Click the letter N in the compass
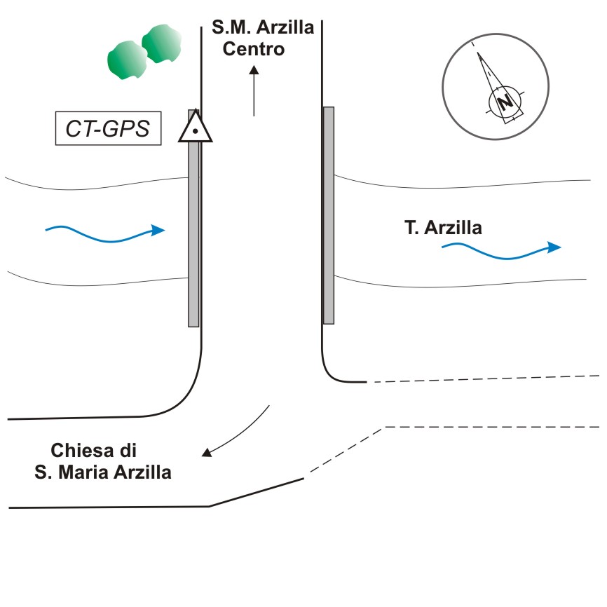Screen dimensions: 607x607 click(x=504, y=102)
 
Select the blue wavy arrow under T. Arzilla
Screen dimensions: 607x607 click(x=500, y=249)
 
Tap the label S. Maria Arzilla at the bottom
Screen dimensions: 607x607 click(x=102, y=472)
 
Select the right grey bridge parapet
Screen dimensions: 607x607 click(x=328, y=215)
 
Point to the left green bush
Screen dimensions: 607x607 click(x=127, y=60)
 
